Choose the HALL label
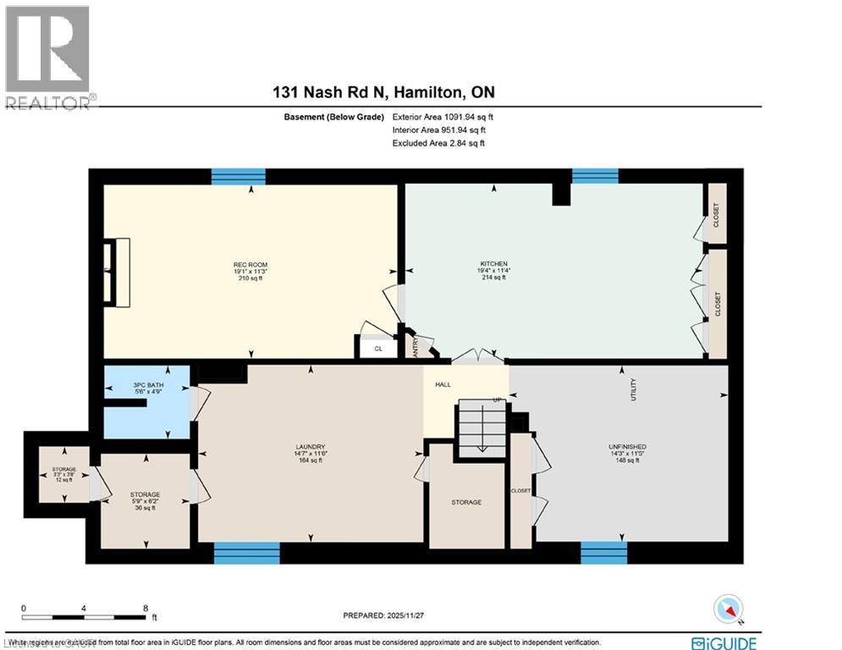pos(443,384)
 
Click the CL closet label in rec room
pos(378,348)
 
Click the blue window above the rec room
pos(238,176)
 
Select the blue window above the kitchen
pos(595,176)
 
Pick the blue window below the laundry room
pos(246,553)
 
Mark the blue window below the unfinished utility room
pos(603,553)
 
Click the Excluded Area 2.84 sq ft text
pos(438,144)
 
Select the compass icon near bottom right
pos(728,609)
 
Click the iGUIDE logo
pos(724,643)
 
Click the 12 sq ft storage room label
pos(64,474)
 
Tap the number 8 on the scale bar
pos(146,608)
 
